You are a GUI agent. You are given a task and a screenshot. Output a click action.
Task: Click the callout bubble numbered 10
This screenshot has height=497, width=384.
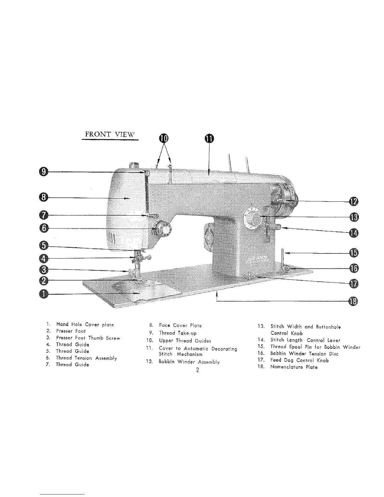(163, 139)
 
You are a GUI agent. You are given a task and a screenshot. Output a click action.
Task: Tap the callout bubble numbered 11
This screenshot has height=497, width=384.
(209, 139)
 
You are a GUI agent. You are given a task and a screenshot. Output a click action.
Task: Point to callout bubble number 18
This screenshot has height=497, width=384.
(354, 302)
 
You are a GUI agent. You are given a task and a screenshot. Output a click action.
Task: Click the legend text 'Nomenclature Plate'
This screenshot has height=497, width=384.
(294, 367)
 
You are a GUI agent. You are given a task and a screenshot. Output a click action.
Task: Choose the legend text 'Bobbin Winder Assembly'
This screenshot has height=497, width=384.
(189, 362)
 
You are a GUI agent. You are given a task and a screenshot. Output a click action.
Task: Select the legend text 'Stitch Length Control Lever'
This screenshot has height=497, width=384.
(305, 340)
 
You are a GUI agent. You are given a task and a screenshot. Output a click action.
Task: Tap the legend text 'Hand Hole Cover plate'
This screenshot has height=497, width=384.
(85, 324)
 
